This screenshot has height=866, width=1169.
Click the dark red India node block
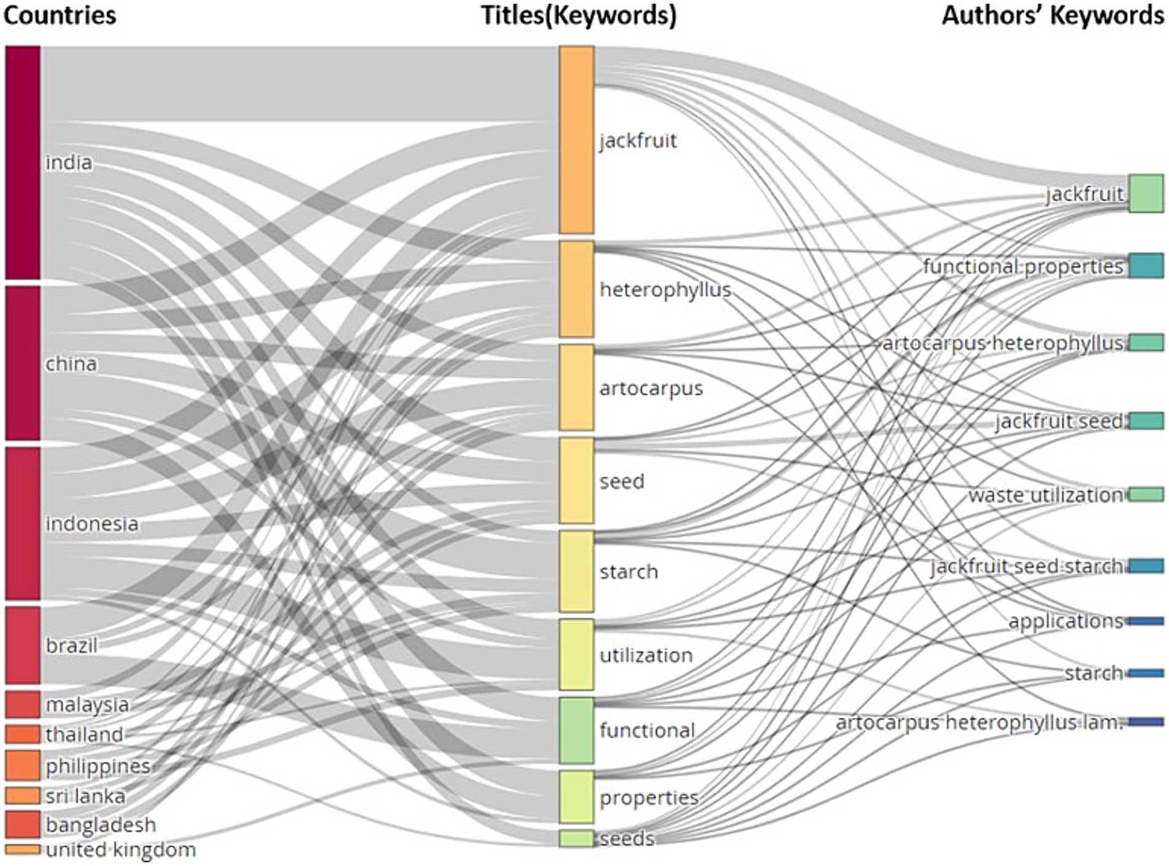click(x=23, y=162)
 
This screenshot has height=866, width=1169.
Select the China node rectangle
click(x=23, y=363)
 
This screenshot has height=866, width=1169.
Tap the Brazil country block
click(x=23, y=645)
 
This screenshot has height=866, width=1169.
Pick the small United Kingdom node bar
click(x=23, y=849)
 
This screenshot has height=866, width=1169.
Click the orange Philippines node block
click(x=23, y=765)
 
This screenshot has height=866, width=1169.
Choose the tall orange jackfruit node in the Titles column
click(x=577, y=140)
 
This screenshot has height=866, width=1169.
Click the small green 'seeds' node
click(x=577, y=838)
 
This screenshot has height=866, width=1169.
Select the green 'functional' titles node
click(x=577, y=730)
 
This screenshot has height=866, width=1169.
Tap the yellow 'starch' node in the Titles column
click(x=577, y=572)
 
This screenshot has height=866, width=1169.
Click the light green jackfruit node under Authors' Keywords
click(x=1146, y=194)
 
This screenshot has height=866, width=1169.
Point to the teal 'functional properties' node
click(x=1146, y=266)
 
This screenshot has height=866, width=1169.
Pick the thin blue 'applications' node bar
click(x=1146, y=621)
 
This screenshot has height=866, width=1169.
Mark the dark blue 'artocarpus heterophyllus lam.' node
click(x=1146, y=722)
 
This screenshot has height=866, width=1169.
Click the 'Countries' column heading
click(x=60, y=15)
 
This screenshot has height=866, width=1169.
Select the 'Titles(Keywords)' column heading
click(x=578, y=15)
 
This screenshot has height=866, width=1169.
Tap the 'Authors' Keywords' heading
click(x=1052, y=15)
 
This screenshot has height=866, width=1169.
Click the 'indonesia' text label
click(x=92, y=524)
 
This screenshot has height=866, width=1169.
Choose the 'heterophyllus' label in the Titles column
click(x=665, y=289)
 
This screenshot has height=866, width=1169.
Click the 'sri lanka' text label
click(x=85, y=796)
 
